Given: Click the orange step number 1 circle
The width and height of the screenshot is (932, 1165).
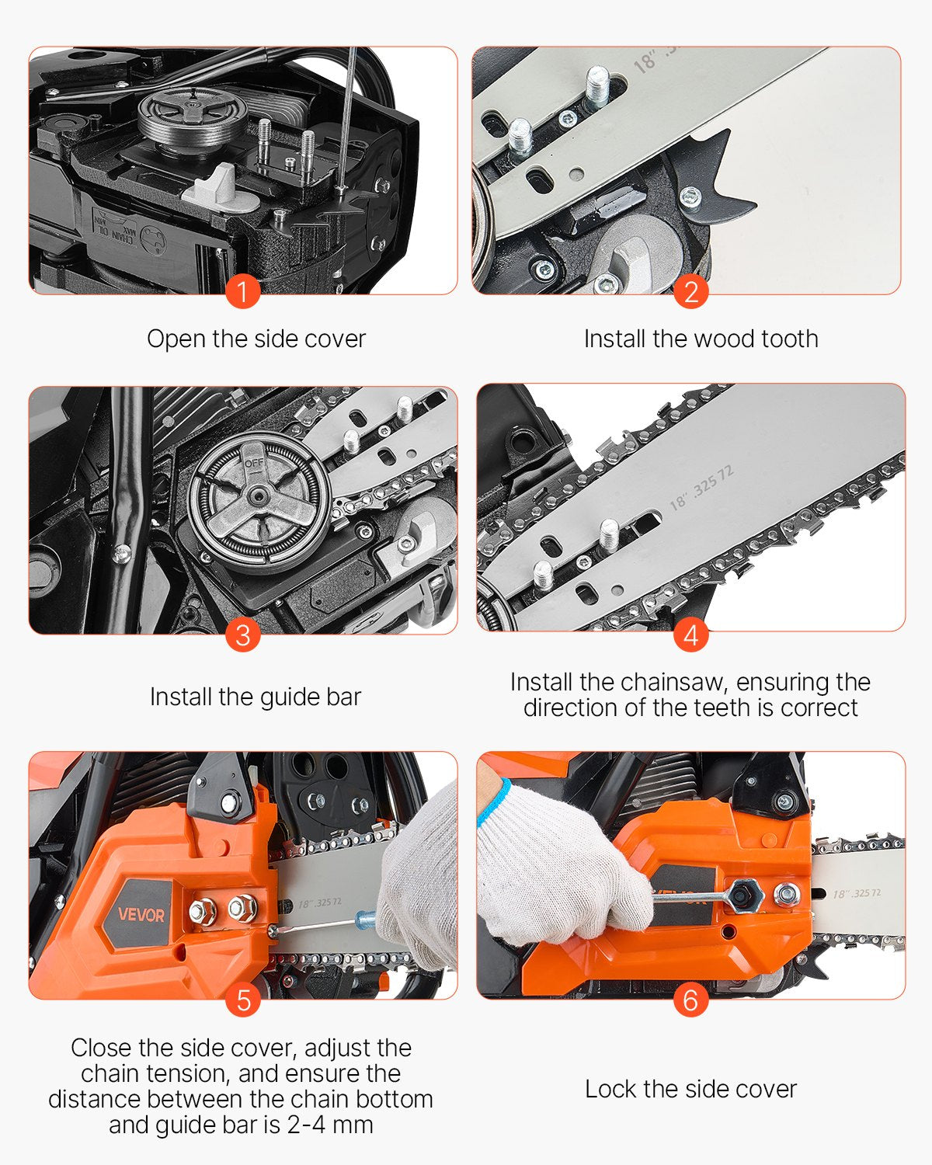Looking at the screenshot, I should click(x=242, y=292).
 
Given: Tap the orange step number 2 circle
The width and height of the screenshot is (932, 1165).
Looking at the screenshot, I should click(x=690, y=292).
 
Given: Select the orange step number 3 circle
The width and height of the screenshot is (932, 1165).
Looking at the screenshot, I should click(x=242, y=635).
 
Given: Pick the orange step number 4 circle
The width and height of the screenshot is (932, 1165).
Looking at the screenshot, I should click(x=690, y=635).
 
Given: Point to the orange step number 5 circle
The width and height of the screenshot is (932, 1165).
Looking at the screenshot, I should click(x=242, y=1000).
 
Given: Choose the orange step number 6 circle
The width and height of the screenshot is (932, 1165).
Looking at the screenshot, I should click(x=690, y=1000).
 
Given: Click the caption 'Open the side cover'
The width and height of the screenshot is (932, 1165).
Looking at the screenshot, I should click(x=256, y=339).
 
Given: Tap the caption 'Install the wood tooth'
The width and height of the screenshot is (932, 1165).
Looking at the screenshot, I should click(x=701, y=339).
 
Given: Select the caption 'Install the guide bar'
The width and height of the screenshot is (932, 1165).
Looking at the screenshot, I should click(x=256, y=697).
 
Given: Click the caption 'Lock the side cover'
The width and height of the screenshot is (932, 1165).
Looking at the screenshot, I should click(x=690, y=1089).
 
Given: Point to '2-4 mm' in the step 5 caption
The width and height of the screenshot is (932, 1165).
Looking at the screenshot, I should click(x=330, y=1125).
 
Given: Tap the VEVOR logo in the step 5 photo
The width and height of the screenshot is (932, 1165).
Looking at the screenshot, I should click(x=141, y=914).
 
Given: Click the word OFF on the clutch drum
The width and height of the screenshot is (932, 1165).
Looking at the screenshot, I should click(x=254, y=464).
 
